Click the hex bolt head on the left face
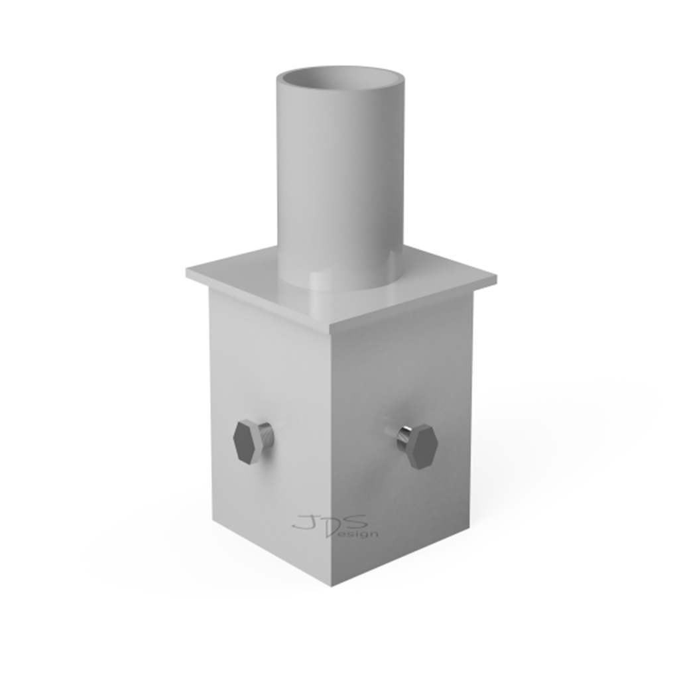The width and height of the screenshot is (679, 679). [247, 442]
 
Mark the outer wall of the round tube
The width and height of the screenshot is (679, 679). [340, 182]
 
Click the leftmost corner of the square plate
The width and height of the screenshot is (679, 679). [186, 273]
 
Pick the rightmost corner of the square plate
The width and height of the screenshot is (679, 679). [497, 277]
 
